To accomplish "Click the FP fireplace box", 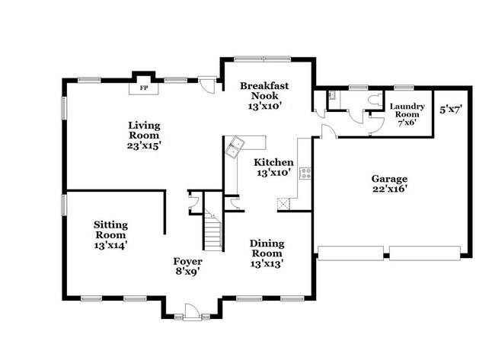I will coord(142,88).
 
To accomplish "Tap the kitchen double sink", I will coord(236,145).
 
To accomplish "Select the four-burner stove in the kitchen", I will coord(305,172).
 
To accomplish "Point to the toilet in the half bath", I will coord(373,100).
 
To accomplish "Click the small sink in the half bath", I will coord(333,96).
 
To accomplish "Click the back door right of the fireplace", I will coord(207,83).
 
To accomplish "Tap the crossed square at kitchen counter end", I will coord(283,203).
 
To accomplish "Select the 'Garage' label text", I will coord(389,178).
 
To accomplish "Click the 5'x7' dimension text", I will coord(451,110).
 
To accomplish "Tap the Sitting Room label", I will coord(110,229).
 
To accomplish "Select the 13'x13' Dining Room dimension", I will coord(267,263).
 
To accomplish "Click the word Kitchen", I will coord(273,162).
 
